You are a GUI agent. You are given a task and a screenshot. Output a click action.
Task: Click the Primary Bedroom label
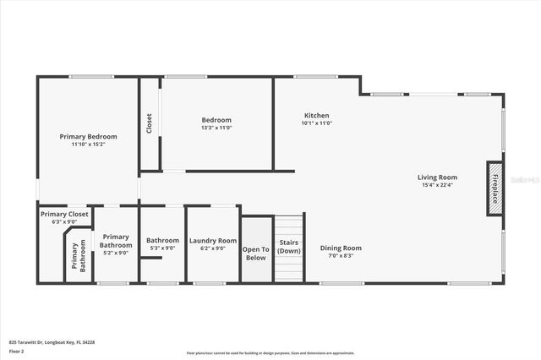(88, 136)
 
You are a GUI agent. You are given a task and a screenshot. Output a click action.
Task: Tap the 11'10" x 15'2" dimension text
(88, 145)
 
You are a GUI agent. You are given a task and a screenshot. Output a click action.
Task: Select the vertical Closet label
(150, 123)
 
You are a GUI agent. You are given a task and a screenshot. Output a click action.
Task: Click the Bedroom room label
(216, 120)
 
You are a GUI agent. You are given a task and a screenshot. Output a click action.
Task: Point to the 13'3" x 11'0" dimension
(216, 128)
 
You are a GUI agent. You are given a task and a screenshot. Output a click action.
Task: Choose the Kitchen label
(317, 115)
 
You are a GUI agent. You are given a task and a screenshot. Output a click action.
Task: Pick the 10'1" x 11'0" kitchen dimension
(317, 123)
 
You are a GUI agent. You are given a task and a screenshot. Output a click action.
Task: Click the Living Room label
(437, 177)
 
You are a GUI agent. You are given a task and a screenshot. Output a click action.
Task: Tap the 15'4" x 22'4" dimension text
(437, 185)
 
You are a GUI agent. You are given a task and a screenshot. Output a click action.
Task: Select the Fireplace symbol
(495, 185)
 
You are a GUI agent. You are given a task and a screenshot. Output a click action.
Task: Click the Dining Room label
(341, 248)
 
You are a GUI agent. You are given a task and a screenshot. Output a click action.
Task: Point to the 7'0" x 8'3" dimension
(341, 255)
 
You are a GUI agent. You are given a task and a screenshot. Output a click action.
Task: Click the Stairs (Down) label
(289, 247)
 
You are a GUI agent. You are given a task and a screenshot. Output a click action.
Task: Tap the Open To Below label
(256, 253)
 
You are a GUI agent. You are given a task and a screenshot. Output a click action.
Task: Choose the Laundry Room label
(213, 240)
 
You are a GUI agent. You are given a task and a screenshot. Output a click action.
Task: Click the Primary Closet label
(64, 214)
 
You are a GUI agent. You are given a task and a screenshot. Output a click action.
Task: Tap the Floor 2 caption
(17, 351)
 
